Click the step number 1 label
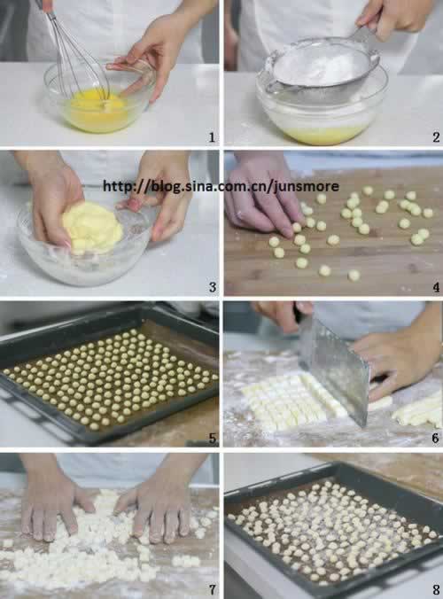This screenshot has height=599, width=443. (x=212, y=137)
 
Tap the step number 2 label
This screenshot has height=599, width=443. (x=436, y=137)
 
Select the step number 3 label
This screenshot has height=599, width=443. (x=213, y=287)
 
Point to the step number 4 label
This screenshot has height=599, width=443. (x=436, y=287)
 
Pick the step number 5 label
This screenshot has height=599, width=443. (x=213, y=438)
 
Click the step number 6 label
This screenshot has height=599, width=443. (x=436, y=438)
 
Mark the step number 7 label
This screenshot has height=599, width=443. (x=213, y=589)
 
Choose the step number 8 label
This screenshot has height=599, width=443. (x=436, y=589)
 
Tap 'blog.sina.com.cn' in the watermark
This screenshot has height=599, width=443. (x=206, y=186)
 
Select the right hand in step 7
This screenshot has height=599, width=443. (x=157, y=508)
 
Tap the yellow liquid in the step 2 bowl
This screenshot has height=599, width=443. (x=324, y=135)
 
